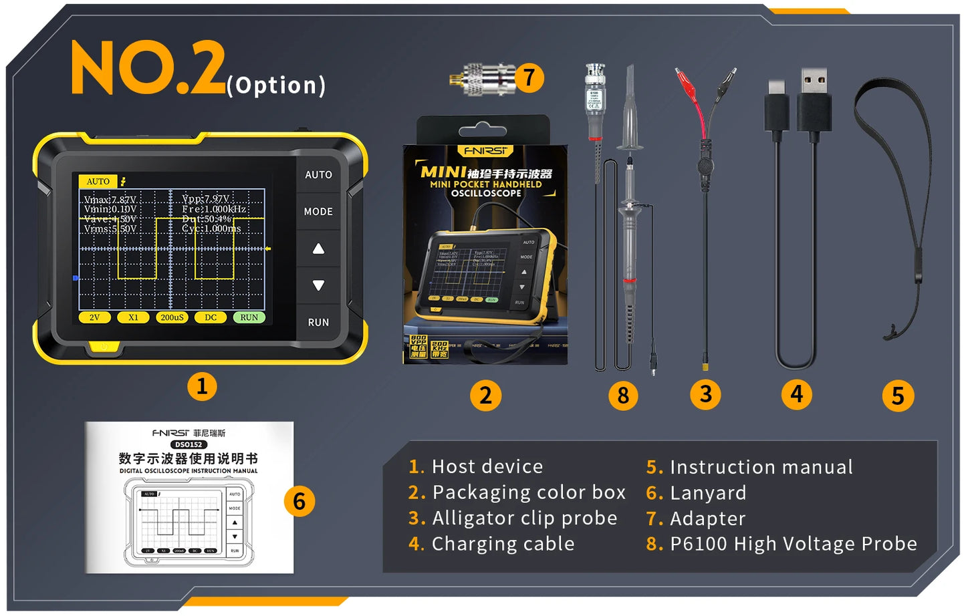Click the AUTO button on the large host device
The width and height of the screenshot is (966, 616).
click(x=318, y=174)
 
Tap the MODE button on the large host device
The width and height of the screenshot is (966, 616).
click(x=318, y=211)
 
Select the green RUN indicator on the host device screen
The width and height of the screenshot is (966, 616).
click(x=249, y=317)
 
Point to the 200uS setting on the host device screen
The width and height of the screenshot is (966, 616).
click(x=172, y=317)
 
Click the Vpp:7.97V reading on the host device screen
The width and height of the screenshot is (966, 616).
click(x=206, y=199)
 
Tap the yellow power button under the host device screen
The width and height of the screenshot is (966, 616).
click(x=103, y=347)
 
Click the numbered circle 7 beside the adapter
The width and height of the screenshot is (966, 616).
click(x=529, y=78)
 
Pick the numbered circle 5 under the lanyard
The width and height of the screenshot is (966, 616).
click(x=898, y=396)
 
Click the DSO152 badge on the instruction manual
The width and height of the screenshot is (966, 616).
click(x=189, y=444)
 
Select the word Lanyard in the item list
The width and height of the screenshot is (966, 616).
click(x=707, y=493)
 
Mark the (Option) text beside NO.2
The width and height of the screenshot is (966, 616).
click(x=276, y=86)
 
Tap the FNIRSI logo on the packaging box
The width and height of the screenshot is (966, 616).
click(x=486, y=151)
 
